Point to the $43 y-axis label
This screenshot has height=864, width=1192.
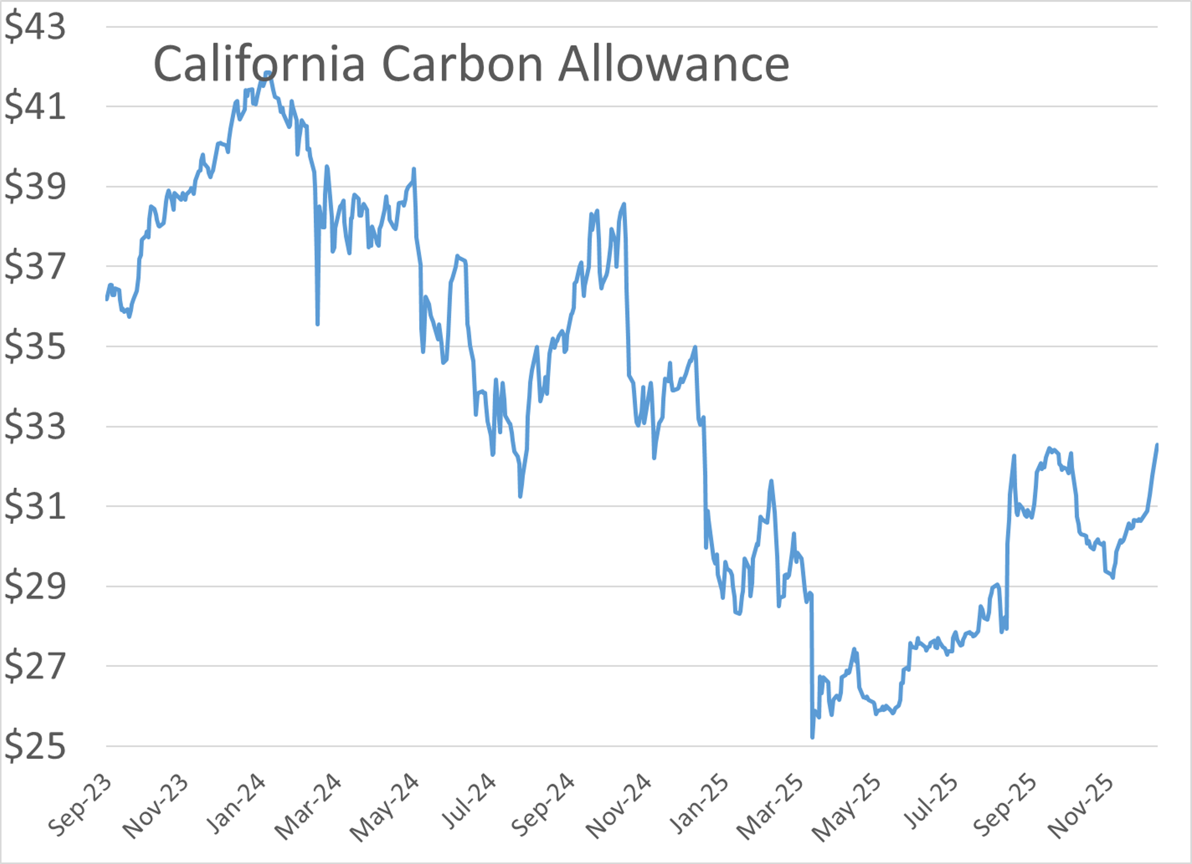35,26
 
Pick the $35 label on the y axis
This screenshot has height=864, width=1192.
35,346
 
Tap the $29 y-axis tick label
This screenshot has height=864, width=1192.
35,586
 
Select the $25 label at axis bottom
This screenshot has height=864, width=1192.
35,746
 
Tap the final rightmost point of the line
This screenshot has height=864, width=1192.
1157,445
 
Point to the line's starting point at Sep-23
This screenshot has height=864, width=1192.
107,299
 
